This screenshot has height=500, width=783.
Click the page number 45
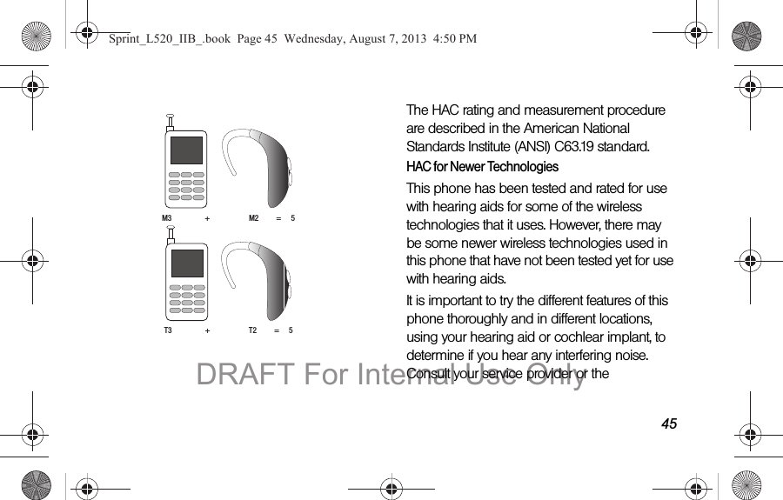668,423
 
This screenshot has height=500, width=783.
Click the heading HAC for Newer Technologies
482,167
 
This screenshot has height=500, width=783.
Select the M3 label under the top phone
167,217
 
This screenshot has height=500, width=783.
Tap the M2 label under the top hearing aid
254,217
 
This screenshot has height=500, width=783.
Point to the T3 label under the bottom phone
168,330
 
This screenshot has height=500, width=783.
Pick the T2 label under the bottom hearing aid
253,330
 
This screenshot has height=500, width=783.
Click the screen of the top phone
187,150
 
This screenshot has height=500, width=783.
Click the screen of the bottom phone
187,263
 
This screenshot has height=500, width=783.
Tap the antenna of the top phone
171,122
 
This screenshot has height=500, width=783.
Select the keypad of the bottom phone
187,298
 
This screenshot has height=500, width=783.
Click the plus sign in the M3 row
207,218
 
